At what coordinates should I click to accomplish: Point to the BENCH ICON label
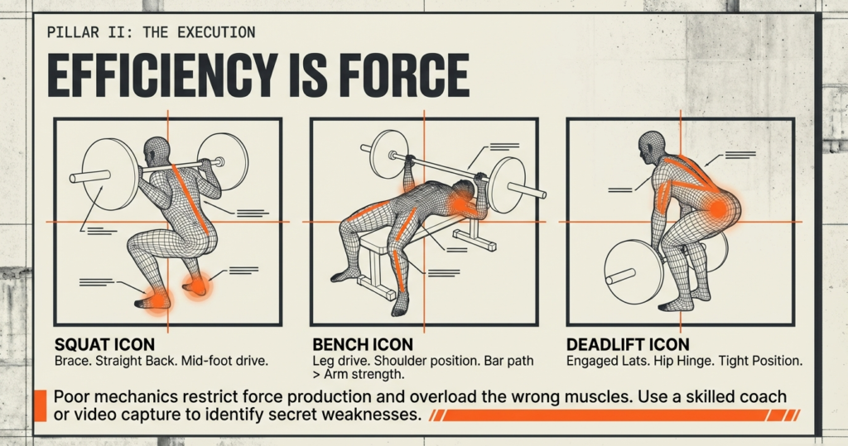[362, 343]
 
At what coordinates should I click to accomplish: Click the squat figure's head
[156, 153]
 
